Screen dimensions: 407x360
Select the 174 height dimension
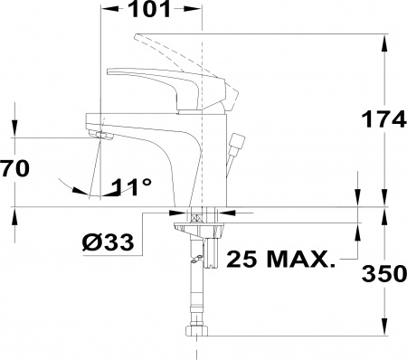point(383,118)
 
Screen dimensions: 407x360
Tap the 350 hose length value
point(383,274)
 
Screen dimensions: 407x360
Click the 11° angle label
point(131,187)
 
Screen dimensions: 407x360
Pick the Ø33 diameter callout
point(108,242)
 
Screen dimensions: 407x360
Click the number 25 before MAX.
point(241,259)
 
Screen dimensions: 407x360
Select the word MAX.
point(301,259)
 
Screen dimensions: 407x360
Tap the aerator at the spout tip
point(101,136)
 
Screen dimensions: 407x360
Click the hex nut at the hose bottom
point(196,331)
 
